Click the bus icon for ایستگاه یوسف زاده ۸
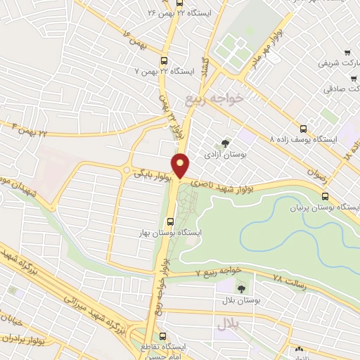pos(303,129)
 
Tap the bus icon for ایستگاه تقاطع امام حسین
pos(163,336)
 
